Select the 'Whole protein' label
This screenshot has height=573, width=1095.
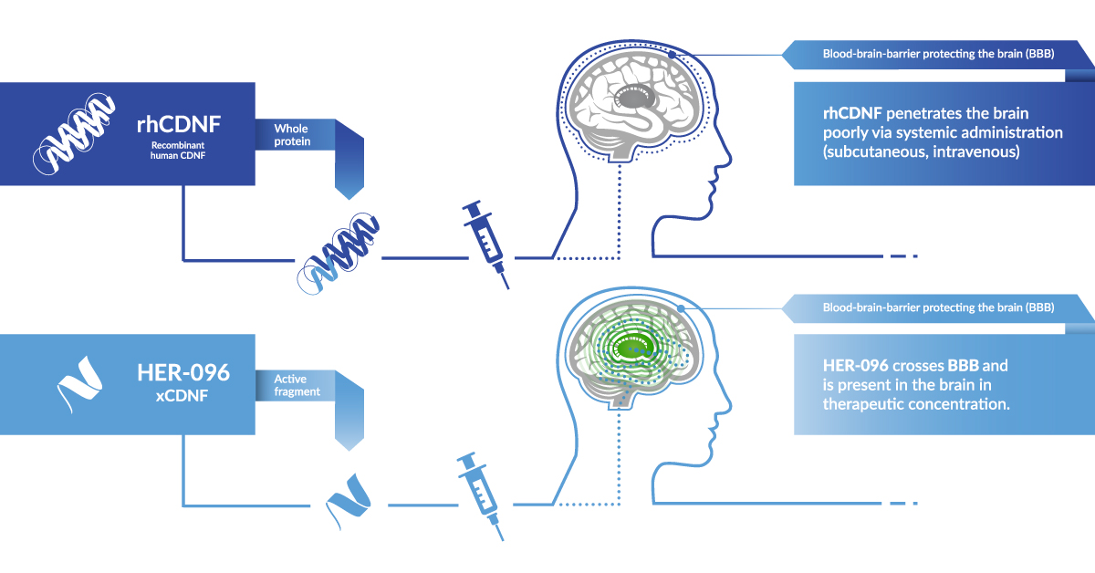(292, 135)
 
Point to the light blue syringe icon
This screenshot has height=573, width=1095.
(481, 495)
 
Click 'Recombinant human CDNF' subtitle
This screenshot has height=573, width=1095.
(174, 151)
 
